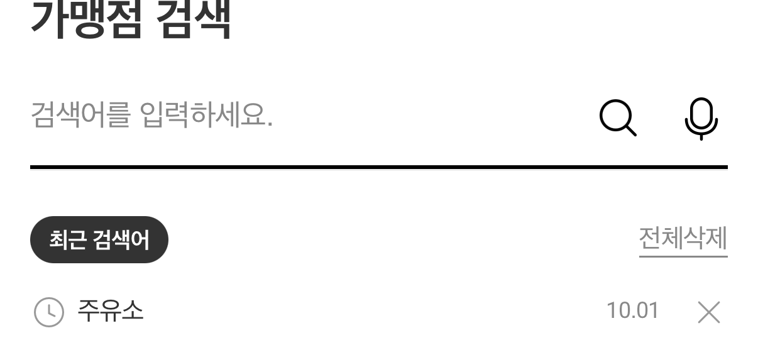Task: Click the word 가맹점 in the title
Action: click(85, 19)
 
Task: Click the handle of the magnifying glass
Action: click(630, 130)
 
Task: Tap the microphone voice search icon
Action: click(701, 117)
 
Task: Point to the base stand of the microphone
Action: click(701, 137)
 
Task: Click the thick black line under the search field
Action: click(378, 167)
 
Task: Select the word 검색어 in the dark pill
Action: click(121, 240)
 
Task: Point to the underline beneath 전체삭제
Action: click(683, 256)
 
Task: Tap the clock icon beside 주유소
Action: click(48, 312)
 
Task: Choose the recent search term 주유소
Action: click(110, 310)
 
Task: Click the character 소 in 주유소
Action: click(132, 310)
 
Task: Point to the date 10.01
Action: click(632, 310)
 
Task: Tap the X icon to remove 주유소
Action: click(709, 312)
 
